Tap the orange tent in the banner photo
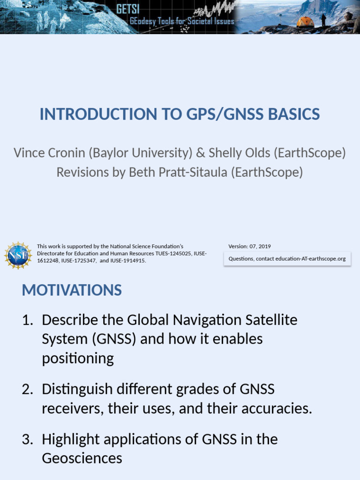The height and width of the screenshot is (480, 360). click(x=305, y=22)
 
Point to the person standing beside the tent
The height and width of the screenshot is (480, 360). click(x=323, y=20)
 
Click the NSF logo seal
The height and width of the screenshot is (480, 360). click(x=18, y=255)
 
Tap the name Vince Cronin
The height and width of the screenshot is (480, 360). click(x=49, y=153)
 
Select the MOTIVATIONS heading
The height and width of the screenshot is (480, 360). click(x=72, y=290)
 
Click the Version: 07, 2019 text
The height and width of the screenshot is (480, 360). click(x=249, y=247)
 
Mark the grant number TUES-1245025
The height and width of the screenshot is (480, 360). click(x=173, y=254)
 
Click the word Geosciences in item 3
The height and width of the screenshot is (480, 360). click(x=82, y=458)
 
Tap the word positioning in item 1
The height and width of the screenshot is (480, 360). click(x=78, y=359)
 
